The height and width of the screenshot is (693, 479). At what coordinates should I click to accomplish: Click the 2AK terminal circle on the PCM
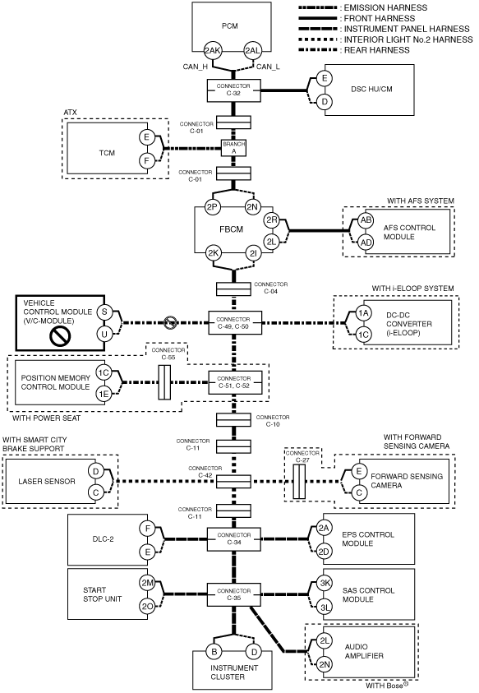coord(212,51)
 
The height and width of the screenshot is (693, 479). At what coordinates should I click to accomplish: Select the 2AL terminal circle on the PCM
coord(252,51)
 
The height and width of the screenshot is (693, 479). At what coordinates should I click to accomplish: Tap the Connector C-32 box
coord(234,90)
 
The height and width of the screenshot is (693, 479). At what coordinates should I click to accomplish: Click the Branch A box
coord(234,148)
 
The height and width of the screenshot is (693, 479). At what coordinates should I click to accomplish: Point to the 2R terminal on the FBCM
coord(271,219)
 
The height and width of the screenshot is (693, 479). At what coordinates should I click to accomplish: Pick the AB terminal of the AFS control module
coord(366,220)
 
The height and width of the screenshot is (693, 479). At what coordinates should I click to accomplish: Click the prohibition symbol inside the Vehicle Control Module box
coord(60,335)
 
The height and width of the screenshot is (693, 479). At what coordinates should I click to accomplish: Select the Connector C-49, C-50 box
coord(235,323)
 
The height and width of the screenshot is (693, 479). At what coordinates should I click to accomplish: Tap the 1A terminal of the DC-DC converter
coord(363,313)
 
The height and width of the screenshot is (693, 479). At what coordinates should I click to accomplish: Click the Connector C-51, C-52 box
coord(235,382)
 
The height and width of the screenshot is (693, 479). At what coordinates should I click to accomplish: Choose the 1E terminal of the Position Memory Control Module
coord(104,393)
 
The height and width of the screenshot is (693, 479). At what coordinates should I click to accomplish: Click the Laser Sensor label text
coord(47,481)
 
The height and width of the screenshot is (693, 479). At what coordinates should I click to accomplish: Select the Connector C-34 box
coord(234,538)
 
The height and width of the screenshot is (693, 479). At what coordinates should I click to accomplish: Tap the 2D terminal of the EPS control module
coord(325,552)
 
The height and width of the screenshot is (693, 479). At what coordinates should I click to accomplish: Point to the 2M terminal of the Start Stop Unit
coord(147,583)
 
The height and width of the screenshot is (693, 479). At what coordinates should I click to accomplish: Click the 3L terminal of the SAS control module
coord(325,608)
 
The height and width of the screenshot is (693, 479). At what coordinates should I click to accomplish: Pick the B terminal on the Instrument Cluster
coord(214,651)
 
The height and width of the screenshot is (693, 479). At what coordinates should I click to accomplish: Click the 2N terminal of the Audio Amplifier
coord(325,664)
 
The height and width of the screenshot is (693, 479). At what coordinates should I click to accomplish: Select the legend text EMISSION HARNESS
coord(385,8)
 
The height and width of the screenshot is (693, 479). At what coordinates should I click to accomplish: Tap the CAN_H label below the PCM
coord(196,67)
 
